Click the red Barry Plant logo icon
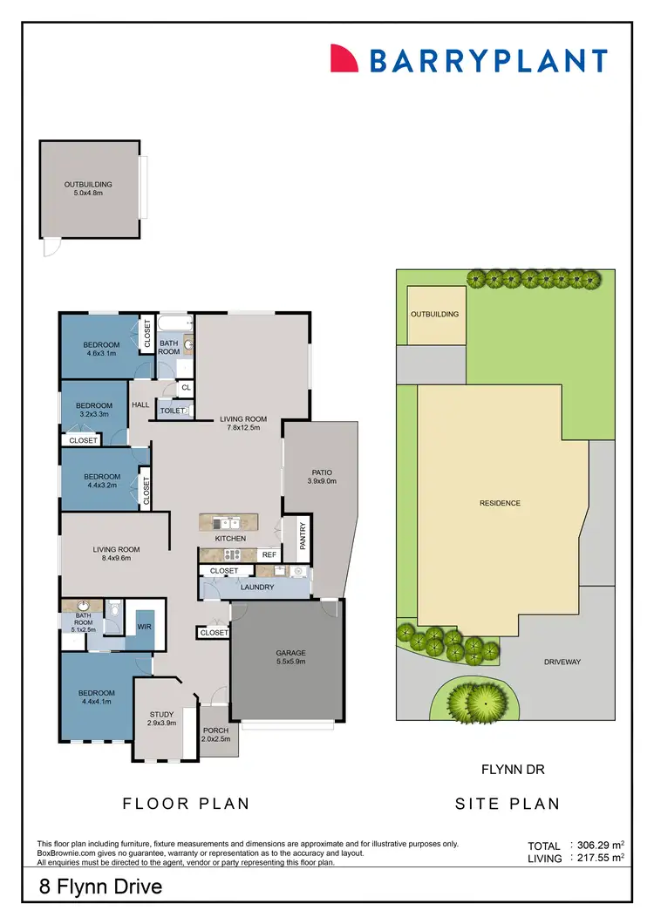click(x=344, y=59)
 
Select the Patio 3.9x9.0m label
click(x=321, y=476)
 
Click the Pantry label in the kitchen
click(x=303, y=533)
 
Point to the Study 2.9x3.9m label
click(x=161, y=719)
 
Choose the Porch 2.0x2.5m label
click(x=215, y=735)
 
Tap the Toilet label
click(x=172, y=410)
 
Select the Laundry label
click(x=257, y=588)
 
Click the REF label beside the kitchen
click(x=269, y=554)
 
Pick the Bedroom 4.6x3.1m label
click(x=102, y=349)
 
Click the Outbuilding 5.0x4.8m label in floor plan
click(x=88, y=189)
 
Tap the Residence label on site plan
click(x=500, y=503)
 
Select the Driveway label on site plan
click(x=562, y=662)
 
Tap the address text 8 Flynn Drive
click(x=100, y=888)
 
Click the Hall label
click(x=140, y=404)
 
